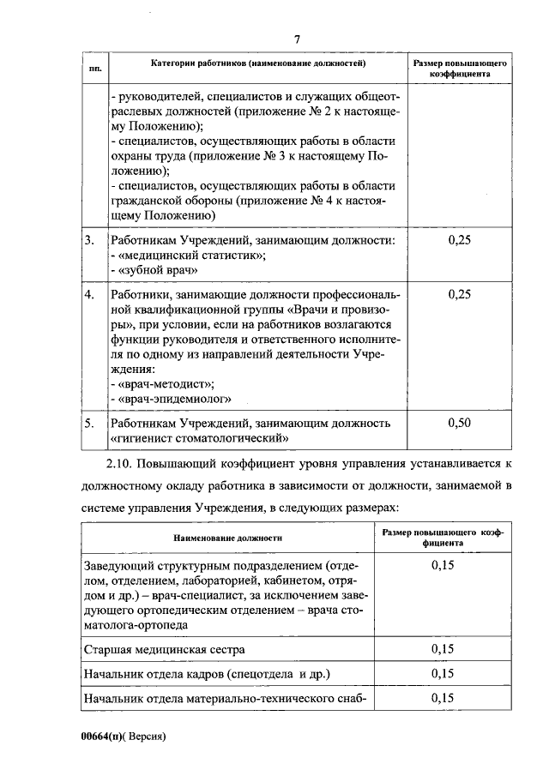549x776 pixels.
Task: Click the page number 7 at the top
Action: point(297,39)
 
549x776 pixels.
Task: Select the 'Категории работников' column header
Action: point(259,63)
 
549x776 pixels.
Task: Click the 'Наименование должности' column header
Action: point(227,538)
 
